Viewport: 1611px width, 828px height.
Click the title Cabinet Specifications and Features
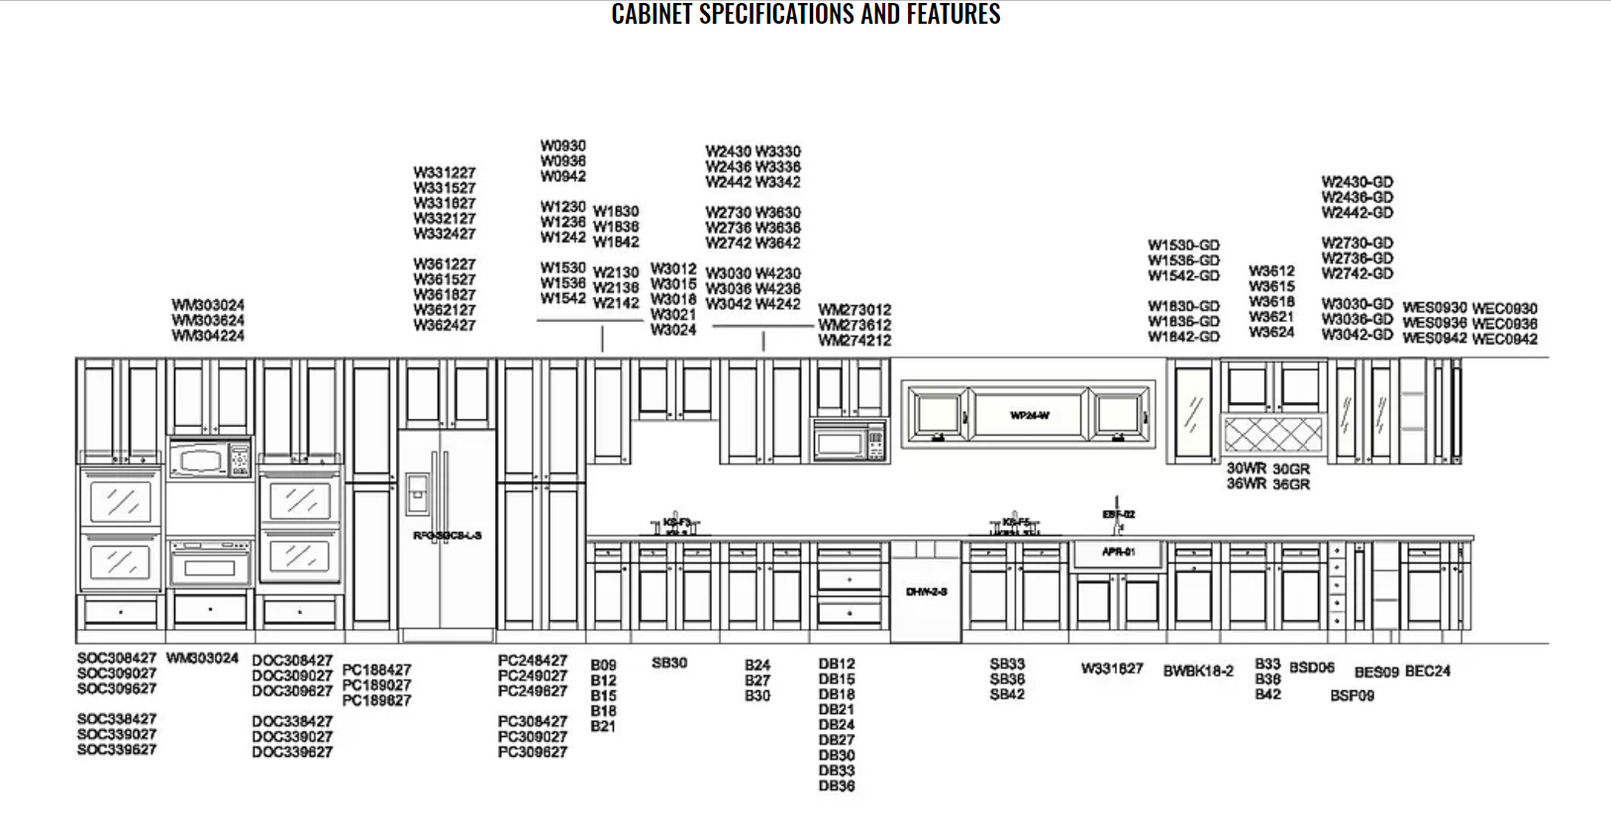click(x=805, y=14)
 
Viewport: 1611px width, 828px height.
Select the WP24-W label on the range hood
click(x=1030, y=415)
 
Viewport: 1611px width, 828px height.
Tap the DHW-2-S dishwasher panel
click(x=926, y=591)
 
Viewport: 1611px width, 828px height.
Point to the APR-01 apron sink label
click(x=1118, y=552)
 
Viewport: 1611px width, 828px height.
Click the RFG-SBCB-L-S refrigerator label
click(x=448, y=536)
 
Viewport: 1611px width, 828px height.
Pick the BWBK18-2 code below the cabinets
click(x=1198, y=671)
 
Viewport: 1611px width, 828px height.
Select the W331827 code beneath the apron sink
click(x=1112, y=669)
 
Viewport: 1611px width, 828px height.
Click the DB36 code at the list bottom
click(x=837, y=786)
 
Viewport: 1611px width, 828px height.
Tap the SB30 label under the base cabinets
click(x=669, y=663)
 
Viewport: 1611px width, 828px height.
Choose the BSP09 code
click(x=1352, y=695)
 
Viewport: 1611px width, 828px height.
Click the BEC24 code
click(x=1427, y=671)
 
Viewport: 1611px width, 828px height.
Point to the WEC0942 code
click(x=1504, y=339)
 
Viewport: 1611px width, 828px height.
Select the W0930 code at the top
click(x=562, y=146)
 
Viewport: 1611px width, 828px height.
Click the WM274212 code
click(x=855, y=340)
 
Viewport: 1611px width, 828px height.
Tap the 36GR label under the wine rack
click(x=1291, y=484)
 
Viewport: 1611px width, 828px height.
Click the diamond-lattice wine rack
click(x=1272, y=434)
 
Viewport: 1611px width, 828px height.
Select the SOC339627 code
click(x=117, y=750)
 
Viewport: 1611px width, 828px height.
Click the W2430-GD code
click(x=1357, y=182)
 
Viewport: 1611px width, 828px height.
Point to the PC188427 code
click(x=376, y=670)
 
